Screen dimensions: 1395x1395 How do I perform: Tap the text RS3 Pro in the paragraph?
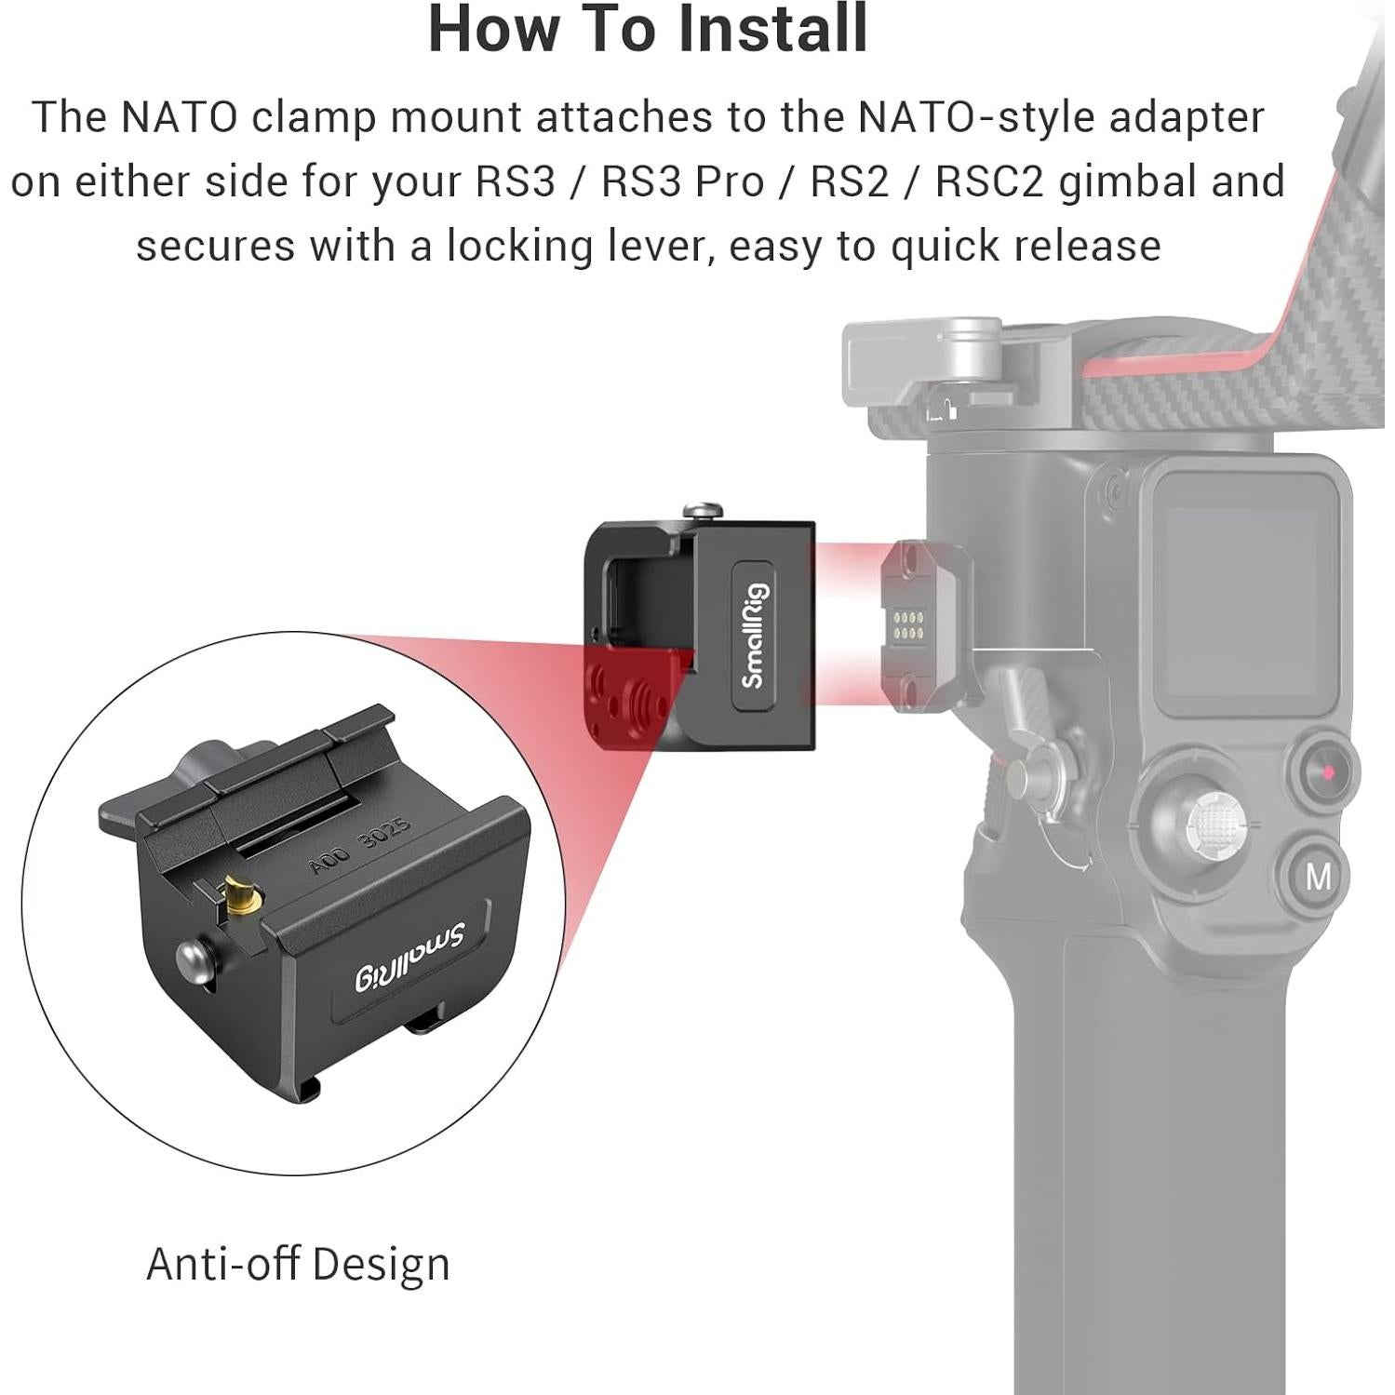click(682, 181)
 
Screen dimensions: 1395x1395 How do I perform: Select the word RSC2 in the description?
click(989, 181)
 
